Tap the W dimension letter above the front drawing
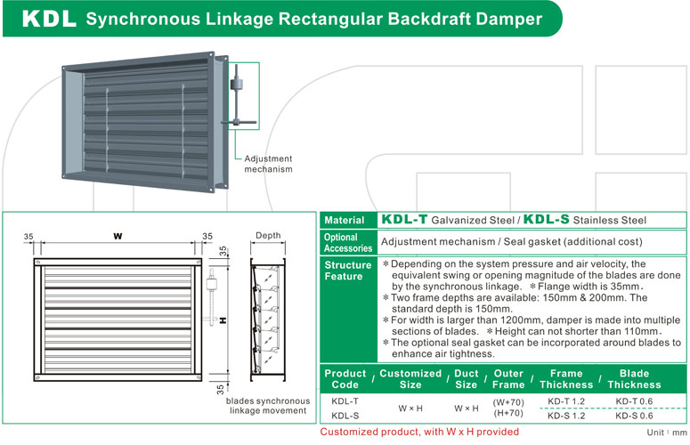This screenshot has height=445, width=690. [x=118, y=237]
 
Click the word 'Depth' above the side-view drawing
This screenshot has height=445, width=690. [x=268, y=236]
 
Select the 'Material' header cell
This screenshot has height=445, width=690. [x=344, y=220]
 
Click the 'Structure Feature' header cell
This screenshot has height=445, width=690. [x=348, y=271]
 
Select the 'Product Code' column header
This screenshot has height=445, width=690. [x=345, y=379]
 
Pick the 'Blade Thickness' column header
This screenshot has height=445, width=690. [x=634, y=379]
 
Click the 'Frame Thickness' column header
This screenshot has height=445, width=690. [x=566, y=379]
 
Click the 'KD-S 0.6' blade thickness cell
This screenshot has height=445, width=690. [x=634, y=415]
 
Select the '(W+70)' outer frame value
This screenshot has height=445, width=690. [x=508, y=401]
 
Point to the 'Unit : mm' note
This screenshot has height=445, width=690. [x=666, y=432]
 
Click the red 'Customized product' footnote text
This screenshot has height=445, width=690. [x=418, y=432]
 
